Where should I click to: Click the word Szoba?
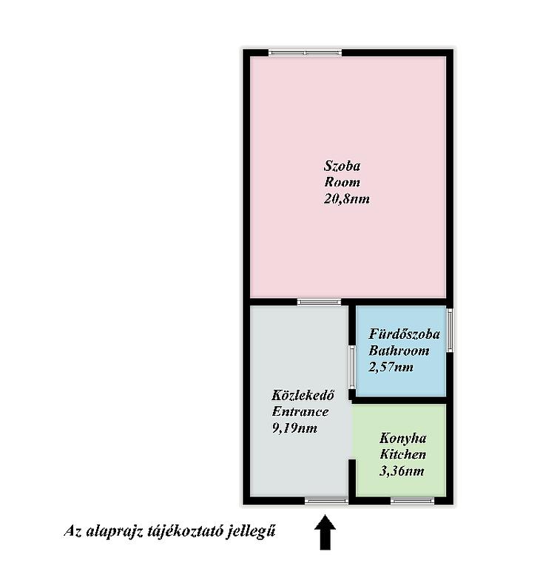[342, 166]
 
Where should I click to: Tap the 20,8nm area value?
[346, 199]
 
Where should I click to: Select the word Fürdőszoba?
[404, 334]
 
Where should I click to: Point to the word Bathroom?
[399, 351]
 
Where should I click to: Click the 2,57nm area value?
[391, 367]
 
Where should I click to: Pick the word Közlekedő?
[303, 395]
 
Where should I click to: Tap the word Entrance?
[300, 411]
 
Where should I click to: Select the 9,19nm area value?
[294, 428]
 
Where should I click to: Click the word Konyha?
[403, 438]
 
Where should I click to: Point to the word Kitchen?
[402, 454]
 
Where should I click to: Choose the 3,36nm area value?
[402, 471]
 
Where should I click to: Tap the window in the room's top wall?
[306, 53]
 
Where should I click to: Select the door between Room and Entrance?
[320, 302]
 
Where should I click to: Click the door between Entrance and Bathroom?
[352, 367]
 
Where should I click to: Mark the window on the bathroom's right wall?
[450, 330]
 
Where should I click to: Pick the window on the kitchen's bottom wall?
[412, 501]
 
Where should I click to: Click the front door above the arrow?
[326, 501]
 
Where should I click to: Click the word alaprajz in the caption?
[114, 532]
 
